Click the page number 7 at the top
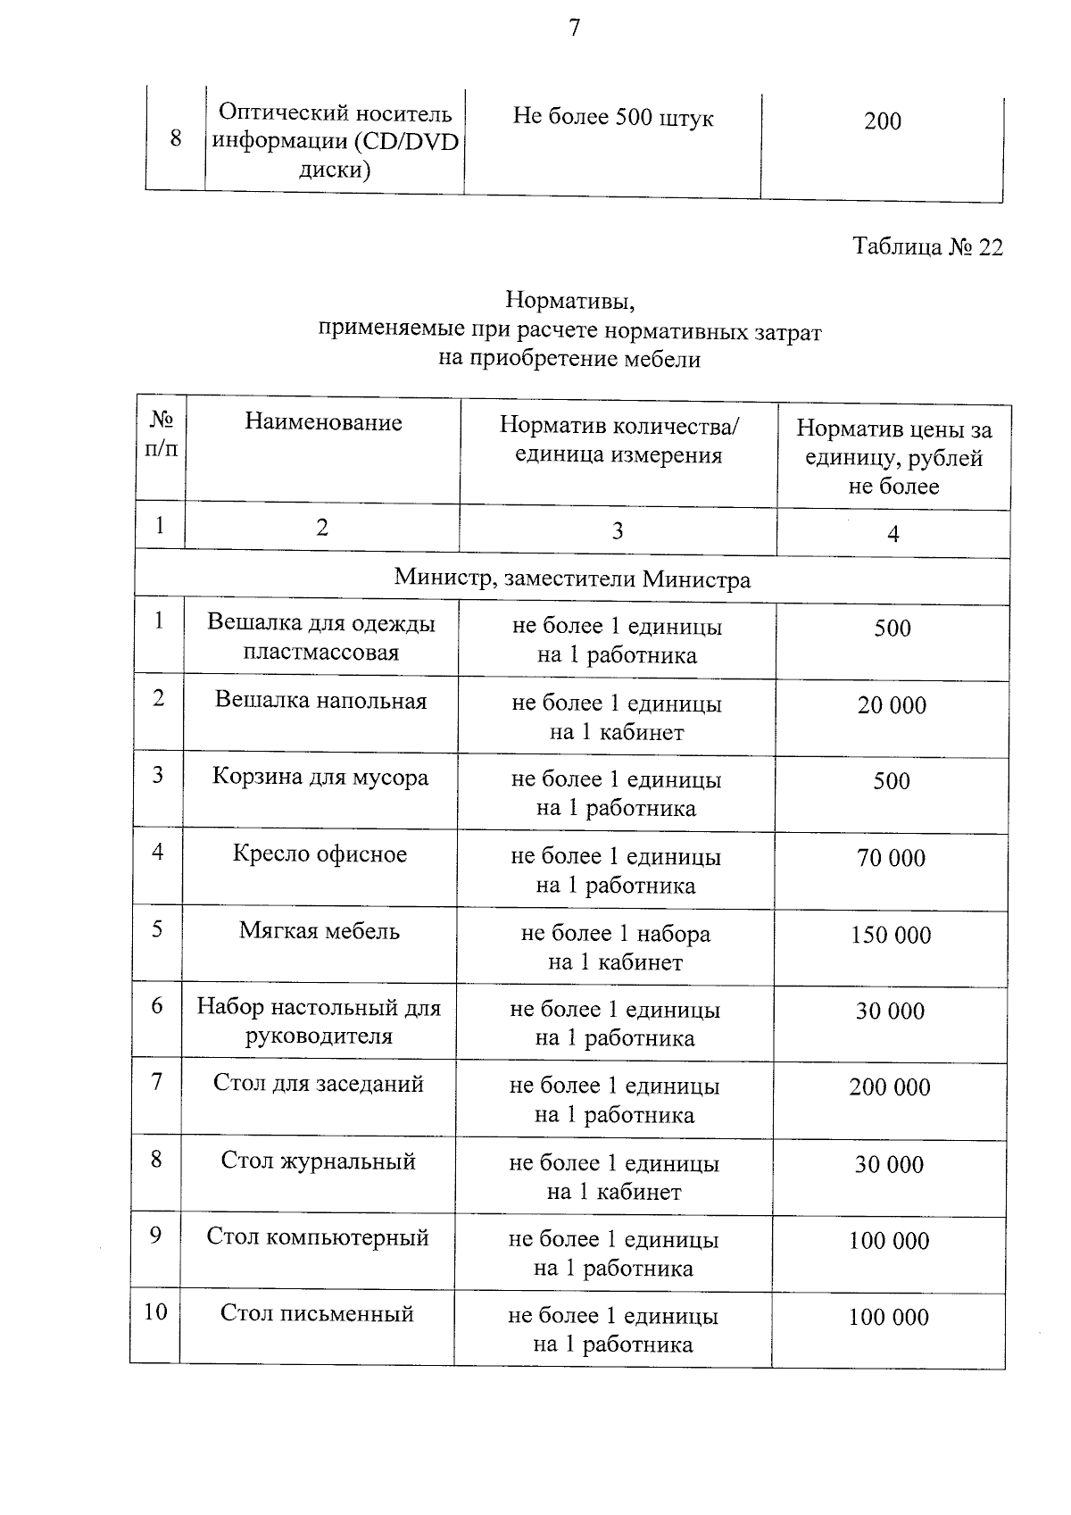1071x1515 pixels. coord(574,29)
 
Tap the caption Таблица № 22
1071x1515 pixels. coord(927,247)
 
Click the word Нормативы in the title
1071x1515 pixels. coord(569,299)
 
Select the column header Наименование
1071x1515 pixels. coord(323,422)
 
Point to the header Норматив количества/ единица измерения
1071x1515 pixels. coord(619,440)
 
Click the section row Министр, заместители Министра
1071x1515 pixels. coord(572,579)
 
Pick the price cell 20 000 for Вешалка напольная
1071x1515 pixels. coord(892,705)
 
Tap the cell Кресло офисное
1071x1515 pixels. coord(320,854)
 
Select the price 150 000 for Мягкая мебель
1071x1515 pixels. coord(890,936)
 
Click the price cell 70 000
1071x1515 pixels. coord(891,859)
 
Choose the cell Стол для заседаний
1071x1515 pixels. coord(318,1084)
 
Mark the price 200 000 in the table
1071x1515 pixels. coord(889,1087)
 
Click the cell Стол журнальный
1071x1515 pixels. coord(318,1161)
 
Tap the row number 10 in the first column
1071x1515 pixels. coord(155,1312)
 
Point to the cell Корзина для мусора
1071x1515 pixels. coord(320,778)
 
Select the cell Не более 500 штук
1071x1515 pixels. coord(613,118)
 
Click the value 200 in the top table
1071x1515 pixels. coord(882,121)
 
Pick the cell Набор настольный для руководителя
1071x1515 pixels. coord(319,1021)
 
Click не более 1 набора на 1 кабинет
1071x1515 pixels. coord(615,948)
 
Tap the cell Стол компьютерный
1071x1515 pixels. coord(318,1237)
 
